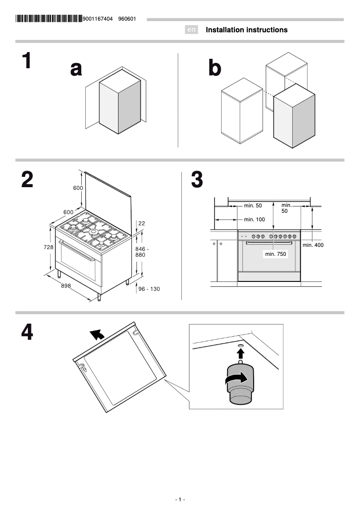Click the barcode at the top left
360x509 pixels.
(48, 19)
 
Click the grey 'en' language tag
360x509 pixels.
(192, 30)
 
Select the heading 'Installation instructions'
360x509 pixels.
(246, 30)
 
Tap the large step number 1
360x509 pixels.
(27, 61)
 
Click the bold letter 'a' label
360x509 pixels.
(76, 69)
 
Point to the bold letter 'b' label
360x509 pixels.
(215, 69)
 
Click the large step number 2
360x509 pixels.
(27, 180)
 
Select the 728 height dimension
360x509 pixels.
(48, 247)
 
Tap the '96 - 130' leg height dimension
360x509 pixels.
(149, 289)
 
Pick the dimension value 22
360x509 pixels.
(142, 224)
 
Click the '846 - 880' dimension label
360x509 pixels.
(142, 252)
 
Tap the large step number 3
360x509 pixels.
(197, 180)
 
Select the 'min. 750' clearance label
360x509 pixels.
(276, 254)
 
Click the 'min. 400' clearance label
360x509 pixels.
(313, 245)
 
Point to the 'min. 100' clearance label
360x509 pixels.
(254, 219)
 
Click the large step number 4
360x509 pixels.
(27, 333)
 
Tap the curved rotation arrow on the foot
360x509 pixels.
(237, 379)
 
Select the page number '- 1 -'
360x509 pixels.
(180, 500)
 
